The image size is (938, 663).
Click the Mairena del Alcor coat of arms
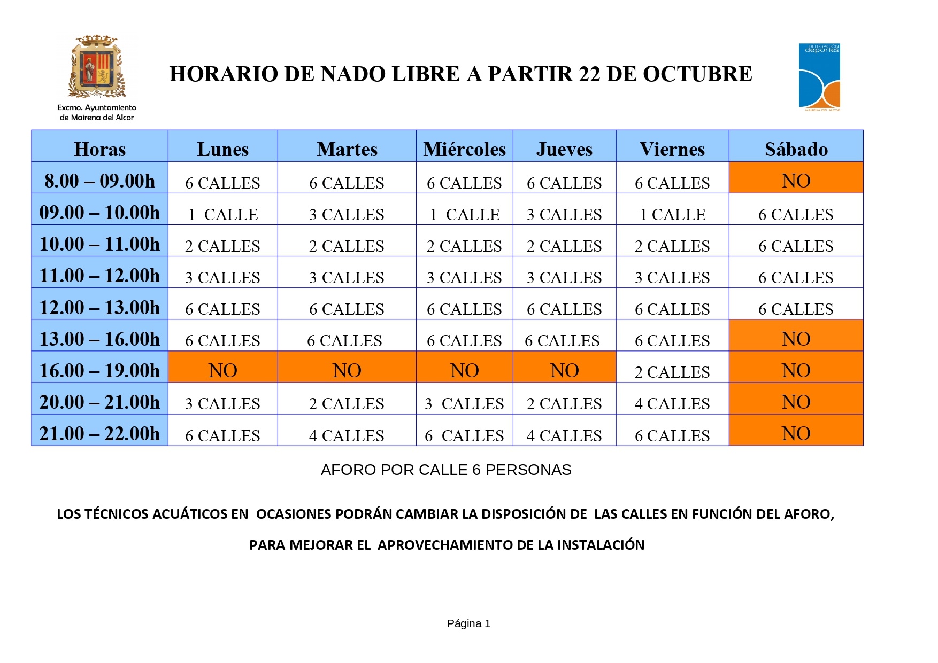point(97,67)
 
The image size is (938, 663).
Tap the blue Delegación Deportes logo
point(819,77)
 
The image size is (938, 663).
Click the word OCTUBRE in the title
point(697,74)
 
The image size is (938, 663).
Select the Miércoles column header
point(464,149)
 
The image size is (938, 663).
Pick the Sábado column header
point(796,149)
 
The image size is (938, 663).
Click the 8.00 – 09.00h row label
point(100,181)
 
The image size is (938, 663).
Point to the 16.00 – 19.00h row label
point(100,370)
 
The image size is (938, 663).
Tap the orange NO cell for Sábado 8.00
point(796,181)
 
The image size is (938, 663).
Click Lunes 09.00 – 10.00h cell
point(222,214)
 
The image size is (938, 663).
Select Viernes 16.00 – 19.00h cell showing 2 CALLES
point(672,371)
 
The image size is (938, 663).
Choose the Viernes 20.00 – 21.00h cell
point(672,403)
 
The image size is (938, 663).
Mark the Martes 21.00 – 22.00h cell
point(347,435)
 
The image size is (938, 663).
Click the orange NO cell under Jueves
point(564,370)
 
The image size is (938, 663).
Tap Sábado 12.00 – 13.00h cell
point(796,309)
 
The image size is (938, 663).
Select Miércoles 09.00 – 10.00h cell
point(464,214)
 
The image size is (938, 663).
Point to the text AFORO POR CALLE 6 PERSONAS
point(446,470)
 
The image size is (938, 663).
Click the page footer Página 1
point(468,623)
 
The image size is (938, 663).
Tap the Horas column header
point(100,149)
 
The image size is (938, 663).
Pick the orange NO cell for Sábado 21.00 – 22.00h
point(796,433)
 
